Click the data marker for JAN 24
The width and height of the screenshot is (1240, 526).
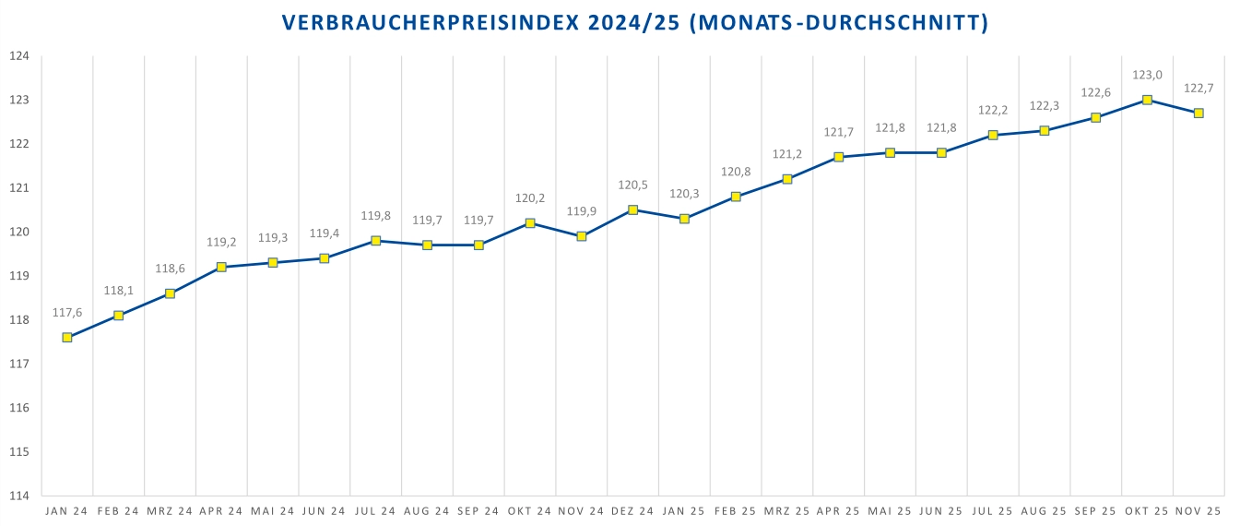tap(67, 338)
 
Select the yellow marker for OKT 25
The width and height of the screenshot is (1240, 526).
tap(1147, 100)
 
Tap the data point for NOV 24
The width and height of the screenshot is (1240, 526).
tap(582, 236)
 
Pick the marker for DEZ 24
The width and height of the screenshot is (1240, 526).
tap(633, 209)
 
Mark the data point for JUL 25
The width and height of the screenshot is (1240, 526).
tap(993, 135)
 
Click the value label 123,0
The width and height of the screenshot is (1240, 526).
tap(1147, 76)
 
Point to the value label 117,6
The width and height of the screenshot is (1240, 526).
tap(67, 313)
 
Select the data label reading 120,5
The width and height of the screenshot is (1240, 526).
tap(633, 185)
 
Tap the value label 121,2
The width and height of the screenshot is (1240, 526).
tap(787, 154)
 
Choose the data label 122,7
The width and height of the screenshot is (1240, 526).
tap(1199, 89)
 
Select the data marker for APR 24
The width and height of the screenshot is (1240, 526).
tap(221, 267)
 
